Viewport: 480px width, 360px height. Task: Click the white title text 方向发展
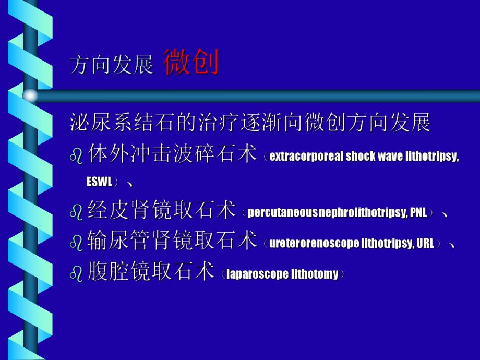[112, 66]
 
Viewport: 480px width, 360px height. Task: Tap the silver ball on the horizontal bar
[30, 95]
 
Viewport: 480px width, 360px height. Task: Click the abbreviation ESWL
[100, 182]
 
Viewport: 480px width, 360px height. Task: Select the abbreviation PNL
[418, 213]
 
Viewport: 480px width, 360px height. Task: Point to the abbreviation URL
[426, 243]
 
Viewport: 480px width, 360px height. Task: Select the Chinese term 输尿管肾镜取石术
[173, 241]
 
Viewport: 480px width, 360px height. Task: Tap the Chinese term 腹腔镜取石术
[151, 271]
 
